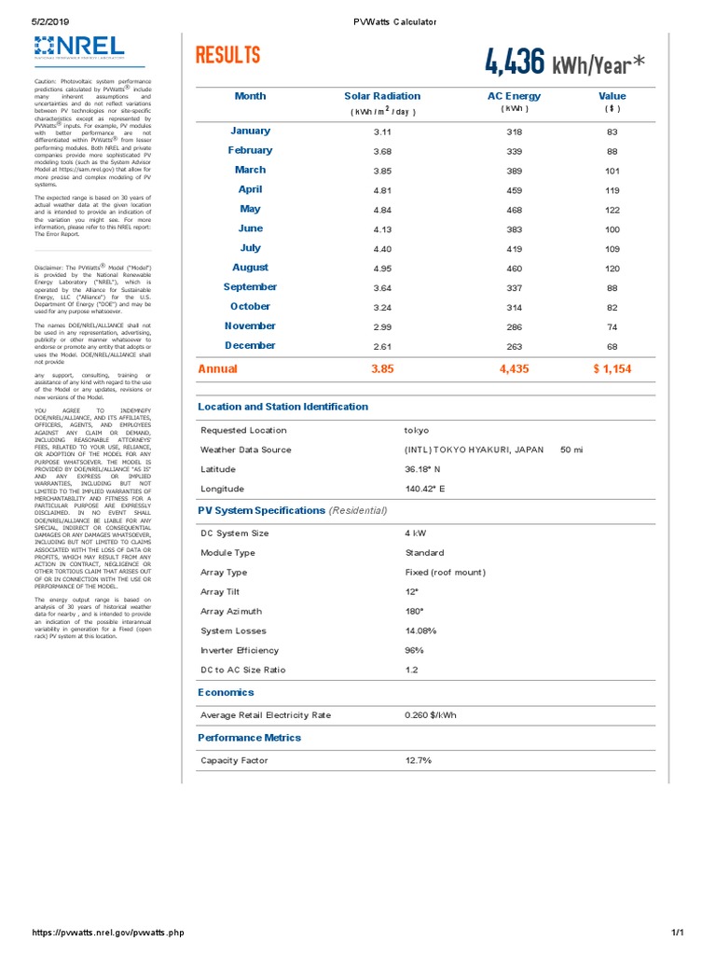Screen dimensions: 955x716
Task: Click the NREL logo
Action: [x=78, y=48]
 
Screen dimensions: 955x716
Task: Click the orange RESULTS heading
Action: [x=228, y=56]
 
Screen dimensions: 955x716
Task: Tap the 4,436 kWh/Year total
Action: [x=563, y=62]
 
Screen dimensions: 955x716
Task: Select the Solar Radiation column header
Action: [x=382, y=96]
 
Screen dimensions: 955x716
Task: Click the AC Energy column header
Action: [x=514, y=96]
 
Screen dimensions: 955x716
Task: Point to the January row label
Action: [x=251, y=131]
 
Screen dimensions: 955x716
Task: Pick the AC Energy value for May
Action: [x=514, y=210]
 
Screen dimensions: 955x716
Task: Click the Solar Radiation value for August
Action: [x=382, y=269]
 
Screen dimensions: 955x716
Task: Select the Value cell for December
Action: [x=613, y=347]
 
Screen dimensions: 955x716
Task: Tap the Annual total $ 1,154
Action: [x=613, y=369]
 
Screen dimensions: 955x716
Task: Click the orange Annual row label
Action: [x=218, y=369]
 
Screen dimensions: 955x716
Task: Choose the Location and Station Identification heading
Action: [x=283, y=407]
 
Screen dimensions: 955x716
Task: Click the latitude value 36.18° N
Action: [x=423, y=469]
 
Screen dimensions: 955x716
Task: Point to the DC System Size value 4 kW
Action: [x=415, y=533]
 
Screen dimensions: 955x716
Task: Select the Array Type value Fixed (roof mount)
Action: [x=446, y=573]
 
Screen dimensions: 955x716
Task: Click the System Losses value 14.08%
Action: [x=420, y=631]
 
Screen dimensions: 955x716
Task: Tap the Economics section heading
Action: [x=227, y=693]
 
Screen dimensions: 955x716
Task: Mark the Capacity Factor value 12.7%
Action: [x=418, y=761]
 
